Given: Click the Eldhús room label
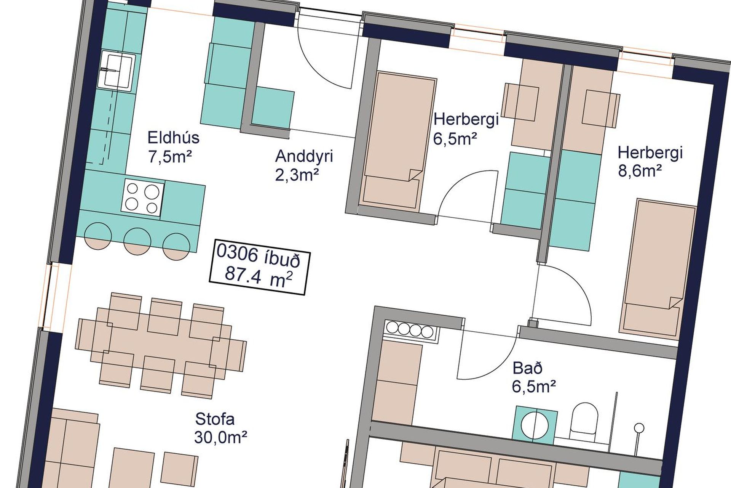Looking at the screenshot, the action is (173, 138).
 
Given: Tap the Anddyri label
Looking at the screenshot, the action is (304, 156).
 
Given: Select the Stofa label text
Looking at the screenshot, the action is (215, 419).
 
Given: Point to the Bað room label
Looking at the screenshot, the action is (527, 368).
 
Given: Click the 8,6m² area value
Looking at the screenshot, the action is (640, 171).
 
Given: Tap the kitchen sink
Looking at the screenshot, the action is (117, 72).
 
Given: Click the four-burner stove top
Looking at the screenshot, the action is (143, 199).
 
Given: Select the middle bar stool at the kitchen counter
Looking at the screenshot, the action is (137, 241).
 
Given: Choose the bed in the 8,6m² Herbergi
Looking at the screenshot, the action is (656, 269).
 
